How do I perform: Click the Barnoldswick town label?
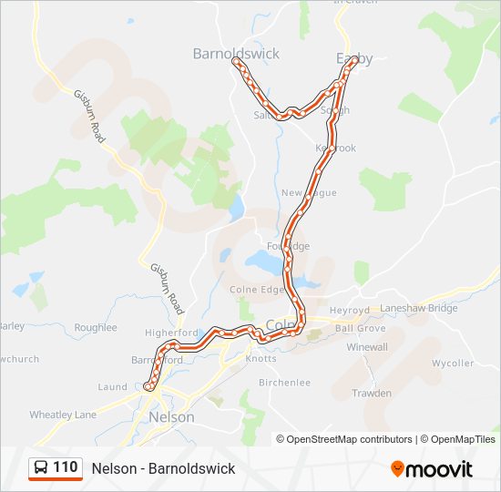tap(236, 54)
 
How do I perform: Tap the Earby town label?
tap(354, 58)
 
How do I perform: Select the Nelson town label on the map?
tap(171, 416)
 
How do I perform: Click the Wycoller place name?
tap(453, 364)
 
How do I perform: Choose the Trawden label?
tap(372, 394)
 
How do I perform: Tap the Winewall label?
tap(366, 347)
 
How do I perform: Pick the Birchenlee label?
tap(285, 383)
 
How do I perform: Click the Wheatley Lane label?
tap(63, 415)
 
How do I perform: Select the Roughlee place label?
tap(96, 327)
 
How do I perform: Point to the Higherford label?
tap(171, 333)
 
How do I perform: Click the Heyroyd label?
tap(350, 310)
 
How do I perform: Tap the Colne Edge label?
tap(260, 290)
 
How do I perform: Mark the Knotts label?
tap(261, 359)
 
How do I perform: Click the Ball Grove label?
tap(360, 328)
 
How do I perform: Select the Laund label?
tap(112, 387)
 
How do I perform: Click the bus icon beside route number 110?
tap(42, 467)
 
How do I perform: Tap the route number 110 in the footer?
tap(66, 467)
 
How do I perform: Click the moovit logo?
tap(432, 468)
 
